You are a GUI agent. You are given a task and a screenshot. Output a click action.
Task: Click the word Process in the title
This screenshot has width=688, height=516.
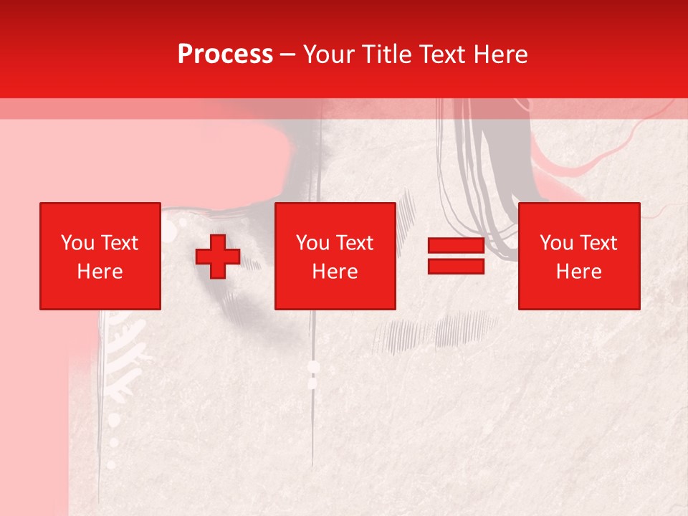225,54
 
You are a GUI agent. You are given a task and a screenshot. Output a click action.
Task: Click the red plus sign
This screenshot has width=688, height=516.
218,257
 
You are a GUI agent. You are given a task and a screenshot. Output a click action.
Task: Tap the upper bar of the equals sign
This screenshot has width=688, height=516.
456,246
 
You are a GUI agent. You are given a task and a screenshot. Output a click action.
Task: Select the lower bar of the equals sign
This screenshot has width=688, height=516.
456,266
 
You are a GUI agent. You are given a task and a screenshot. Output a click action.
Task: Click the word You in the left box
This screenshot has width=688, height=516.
77,243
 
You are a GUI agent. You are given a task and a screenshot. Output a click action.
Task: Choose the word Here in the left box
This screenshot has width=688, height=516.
100,272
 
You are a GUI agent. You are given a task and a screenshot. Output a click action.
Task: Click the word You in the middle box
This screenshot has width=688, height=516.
312,243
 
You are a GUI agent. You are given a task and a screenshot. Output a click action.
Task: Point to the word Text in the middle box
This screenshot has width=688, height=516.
354,243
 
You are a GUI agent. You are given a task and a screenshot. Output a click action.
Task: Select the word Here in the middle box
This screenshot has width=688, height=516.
335,272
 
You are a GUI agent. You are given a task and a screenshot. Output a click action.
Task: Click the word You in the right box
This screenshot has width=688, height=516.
556,243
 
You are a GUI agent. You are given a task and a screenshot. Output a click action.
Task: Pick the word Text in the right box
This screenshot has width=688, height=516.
598,243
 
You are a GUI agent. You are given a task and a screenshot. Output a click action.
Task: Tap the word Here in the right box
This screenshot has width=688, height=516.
579,272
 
